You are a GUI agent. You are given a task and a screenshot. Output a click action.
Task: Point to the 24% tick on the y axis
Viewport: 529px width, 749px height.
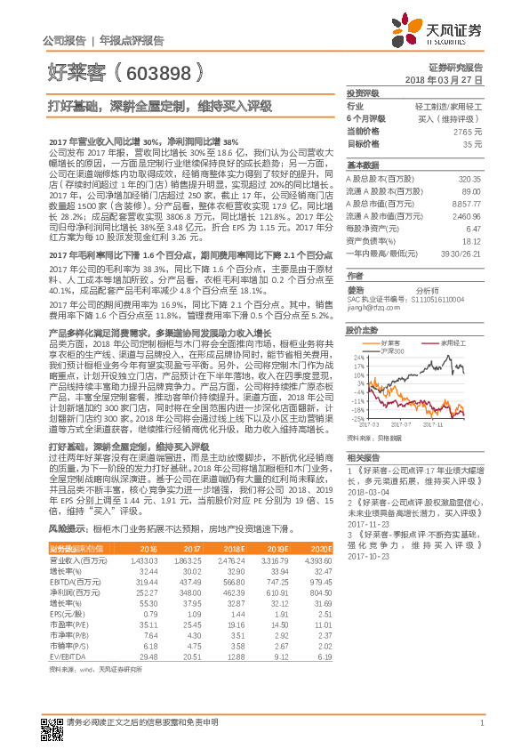(x=357, y=358)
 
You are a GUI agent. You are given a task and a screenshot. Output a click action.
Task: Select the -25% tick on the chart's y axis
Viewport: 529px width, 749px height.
(x=357, y=418)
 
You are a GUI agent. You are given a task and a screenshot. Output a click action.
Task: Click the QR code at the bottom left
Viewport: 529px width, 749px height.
(x=50, y=725)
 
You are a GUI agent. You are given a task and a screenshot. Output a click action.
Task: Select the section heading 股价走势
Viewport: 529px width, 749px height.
(x=361, y=328)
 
